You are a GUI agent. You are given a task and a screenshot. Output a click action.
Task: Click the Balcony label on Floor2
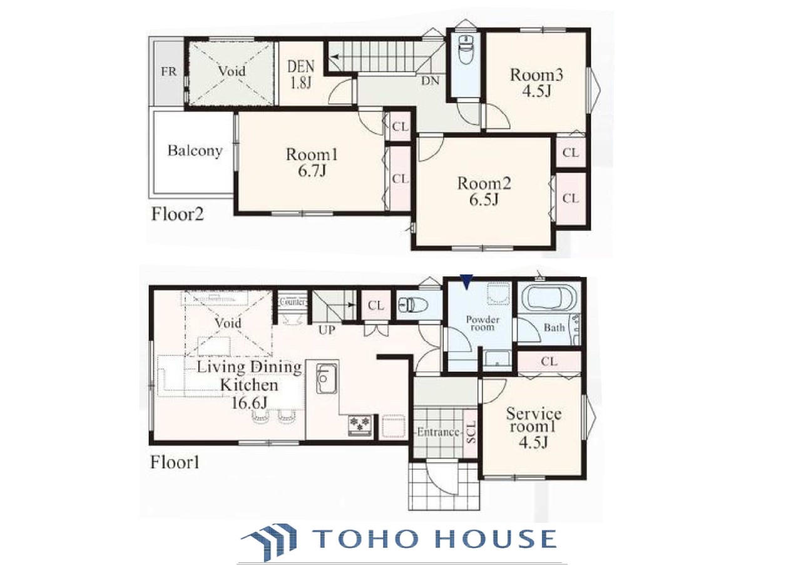[x=195, y=151]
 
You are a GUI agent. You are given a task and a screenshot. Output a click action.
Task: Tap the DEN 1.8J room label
[x=301, y=74]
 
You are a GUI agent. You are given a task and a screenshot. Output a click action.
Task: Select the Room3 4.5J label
[x=536, y=83]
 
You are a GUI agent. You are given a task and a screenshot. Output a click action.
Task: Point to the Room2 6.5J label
[x=484, y=191]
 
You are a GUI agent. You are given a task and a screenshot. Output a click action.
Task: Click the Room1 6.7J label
[x=312, y=163]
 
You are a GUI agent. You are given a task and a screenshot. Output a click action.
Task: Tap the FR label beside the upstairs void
[x=168, y=71]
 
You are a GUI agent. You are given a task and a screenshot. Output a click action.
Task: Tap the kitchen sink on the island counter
[x=327, y=378]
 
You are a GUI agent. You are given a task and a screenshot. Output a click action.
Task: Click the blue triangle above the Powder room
[x=466, y=281]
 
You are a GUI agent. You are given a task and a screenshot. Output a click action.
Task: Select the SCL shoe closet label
[x=471, y=433]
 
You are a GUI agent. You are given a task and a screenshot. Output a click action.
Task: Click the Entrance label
[x=438, y=432]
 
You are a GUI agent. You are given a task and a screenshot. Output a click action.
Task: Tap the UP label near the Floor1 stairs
[x=327, y=330]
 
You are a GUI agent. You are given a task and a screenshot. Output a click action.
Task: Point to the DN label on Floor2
[x=430, y=81]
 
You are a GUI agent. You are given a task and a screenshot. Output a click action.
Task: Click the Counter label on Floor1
[x=293, y=302]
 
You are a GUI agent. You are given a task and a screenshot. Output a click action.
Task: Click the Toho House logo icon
[x=269, y=542]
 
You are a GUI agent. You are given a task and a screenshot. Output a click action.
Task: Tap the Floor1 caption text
[x=175, y=463]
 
